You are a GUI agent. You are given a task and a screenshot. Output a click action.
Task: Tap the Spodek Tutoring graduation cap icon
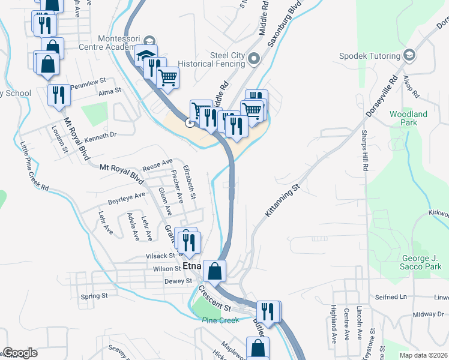[410, 56]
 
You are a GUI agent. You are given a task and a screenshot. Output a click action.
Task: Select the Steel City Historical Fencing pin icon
[253, 59]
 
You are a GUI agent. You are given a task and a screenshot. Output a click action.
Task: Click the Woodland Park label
[408, 118]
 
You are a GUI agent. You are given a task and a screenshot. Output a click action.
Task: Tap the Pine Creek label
[221, 320]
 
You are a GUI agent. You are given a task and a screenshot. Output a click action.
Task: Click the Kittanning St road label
[282, 201]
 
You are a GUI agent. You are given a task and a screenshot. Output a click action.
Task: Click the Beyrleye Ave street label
[127, 196]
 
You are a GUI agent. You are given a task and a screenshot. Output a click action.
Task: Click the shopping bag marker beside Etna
[214, 271]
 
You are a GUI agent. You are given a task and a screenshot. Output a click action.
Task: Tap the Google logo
[20, 353]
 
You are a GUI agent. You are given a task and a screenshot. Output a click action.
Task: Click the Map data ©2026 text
[423, 355]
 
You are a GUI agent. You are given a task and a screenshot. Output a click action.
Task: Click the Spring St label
[93, 296]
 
